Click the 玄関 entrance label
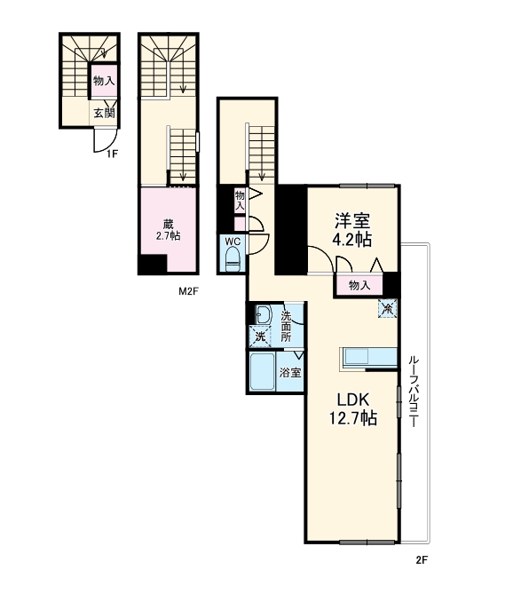point(104,113)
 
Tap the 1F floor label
point(112,154)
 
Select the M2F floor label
point(186,290)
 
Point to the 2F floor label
point(422,560)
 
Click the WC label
point(233,242)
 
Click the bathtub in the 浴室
point(264,373)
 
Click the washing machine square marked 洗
point(260,336)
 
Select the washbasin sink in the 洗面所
point(263,314)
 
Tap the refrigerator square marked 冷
point(388,308)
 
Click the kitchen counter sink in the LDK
point(360,356)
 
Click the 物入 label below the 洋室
point(359,285)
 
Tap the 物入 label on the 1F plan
point(104,82)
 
